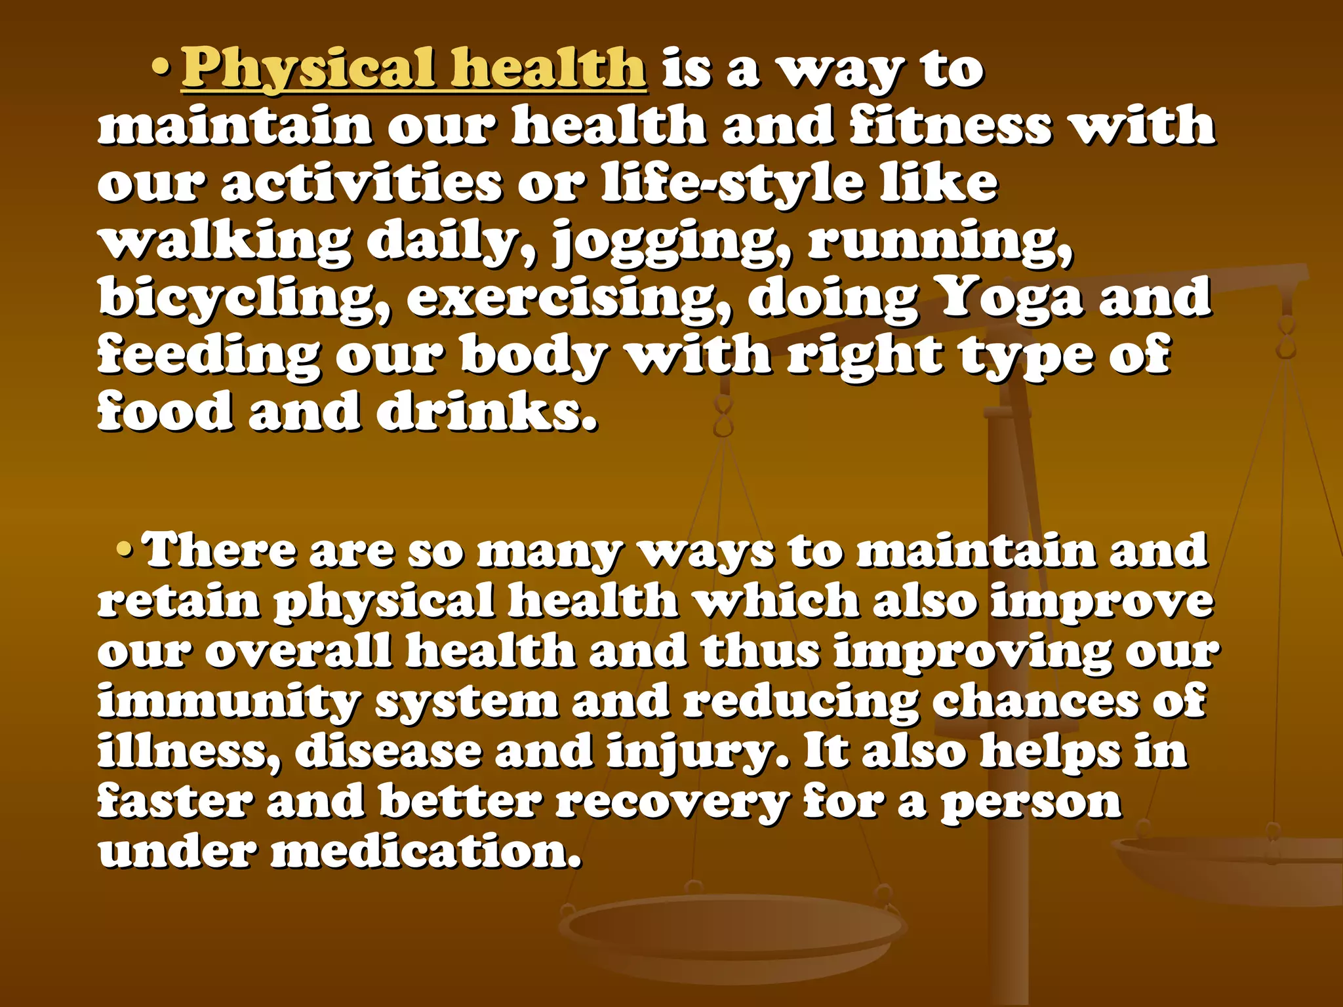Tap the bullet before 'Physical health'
[x=161, y=68]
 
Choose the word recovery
[x=673, y=802]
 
